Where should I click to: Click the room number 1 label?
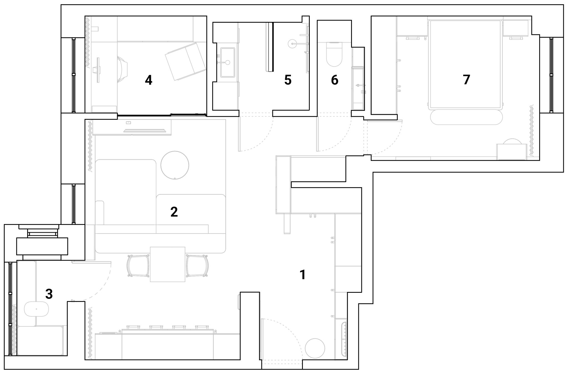click(303, 275)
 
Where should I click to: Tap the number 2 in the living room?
click(174, 212)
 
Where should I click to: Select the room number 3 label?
click(49, 294)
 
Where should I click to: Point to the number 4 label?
click(149, 80)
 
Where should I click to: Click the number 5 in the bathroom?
click(288, 80)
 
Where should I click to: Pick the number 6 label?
click(335, 80)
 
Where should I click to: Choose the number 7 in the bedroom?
click(466, 80)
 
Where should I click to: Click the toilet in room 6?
click(334, 54)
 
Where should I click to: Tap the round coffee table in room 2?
click(175, 165)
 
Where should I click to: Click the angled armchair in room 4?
click(186, 61)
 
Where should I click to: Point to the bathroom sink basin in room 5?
click(228, 62)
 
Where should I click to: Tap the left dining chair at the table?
click(138, 266)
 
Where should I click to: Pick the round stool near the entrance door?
click(315, 348)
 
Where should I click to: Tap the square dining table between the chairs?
click(168, 264)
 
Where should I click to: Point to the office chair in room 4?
click(122, 69)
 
